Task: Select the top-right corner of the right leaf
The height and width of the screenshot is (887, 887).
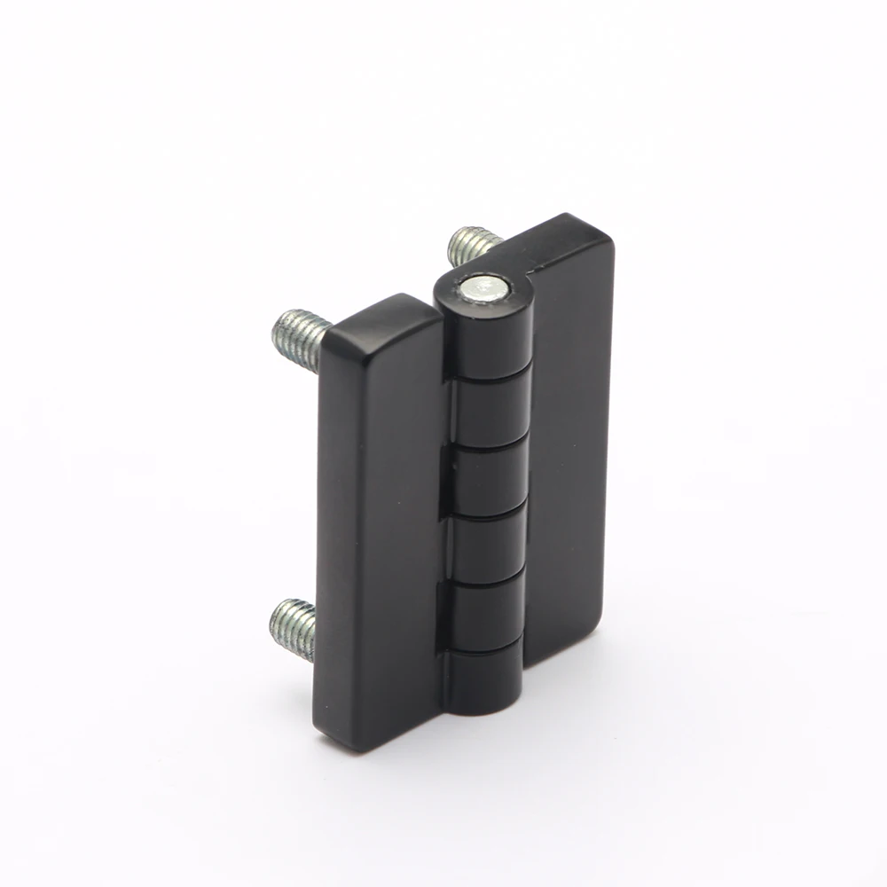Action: [x=603, y=231]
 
